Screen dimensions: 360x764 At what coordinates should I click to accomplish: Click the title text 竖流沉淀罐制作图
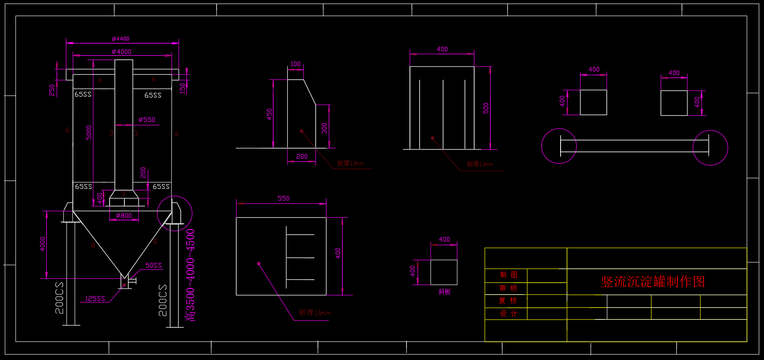click(x=653, y=282)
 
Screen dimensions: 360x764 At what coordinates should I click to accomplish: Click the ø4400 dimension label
click(x=120, y=39)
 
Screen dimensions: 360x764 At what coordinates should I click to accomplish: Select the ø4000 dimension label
click(x=121, y=51)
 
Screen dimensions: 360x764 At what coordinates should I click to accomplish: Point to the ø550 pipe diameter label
click(x=147, y=120)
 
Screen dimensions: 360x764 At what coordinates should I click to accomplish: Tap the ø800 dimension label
click(x=124, y=216)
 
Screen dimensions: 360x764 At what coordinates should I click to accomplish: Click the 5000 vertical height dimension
click(x=89, y=132)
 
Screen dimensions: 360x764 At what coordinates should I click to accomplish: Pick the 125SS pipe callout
click(x=95, y=298)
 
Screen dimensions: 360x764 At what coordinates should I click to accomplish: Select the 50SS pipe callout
click(x=153, y=265)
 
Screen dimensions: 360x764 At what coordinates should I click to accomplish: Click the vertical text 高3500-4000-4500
click(x=191, y=275)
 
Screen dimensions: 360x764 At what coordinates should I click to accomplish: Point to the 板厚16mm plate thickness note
click(x=315, y=313)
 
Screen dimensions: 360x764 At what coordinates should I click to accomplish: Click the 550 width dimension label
click(x=283, y=199)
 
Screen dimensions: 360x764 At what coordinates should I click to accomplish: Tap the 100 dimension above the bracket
click(x=295, y=64)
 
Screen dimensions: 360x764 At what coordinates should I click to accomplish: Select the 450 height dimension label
click(x=269, y=114)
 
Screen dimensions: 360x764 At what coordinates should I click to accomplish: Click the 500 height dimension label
click(x=486, y=108)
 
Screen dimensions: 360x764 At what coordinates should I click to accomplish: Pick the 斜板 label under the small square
click(x=444, y=291)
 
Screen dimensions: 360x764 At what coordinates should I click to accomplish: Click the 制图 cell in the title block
click(x=509, y=275)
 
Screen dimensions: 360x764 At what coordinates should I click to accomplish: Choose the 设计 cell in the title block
click(x=509, y=313)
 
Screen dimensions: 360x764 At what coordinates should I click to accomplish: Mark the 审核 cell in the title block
click(x=509, y=288)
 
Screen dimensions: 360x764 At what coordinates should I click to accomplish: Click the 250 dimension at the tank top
click(x=52, y=90)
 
